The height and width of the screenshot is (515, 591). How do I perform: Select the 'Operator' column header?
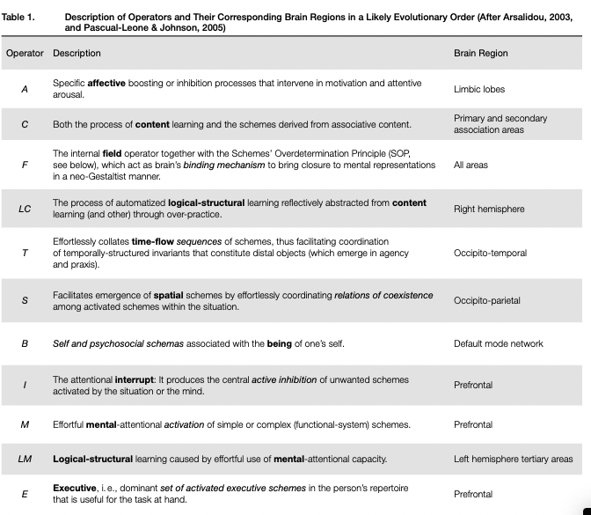coord(25,53)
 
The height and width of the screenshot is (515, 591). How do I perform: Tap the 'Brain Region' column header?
coord(480,53)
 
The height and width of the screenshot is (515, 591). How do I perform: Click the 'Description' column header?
coord(77,53)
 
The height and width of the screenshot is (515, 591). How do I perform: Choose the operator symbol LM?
coord(25,459)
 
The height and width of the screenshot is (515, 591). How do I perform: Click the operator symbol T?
coord(25,253)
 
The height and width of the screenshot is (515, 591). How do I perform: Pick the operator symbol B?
coord(25,343)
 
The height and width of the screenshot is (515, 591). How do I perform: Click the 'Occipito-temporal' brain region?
coord(490,253)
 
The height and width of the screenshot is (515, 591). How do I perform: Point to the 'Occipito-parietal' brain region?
coord(487,300)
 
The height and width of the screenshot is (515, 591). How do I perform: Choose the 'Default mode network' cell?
coord(499,343)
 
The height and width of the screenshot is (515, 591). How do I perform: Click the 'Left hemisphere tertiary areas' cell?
coord(514,459)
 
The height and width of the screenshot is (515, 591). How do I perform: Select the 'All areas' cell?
coord(471,165)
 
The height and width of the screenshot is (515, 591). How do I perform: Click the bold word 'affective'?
coord(108,83)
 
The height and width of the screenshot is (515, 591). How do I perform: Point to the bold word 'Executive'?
coord(75,488)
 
